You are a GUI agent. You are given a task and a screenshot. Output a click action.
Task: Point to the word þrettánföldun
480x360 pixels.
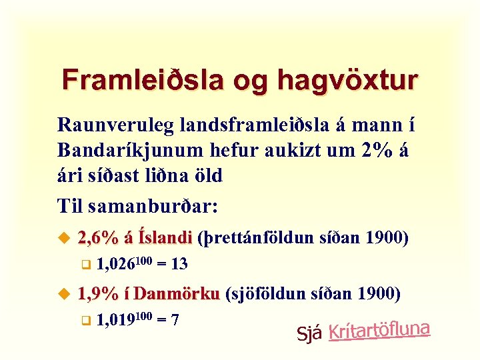coord(256,238)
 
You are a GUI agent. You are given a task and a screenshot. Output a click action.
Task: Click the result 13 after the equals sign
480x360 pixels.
coord(179,265)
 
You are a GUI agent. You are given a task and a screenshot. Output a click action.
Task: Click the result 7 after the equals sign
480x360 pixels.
coord(175,321)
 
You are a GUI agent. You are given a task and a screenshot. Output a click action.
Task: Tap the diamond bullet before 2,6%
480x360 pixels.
coord(65,237)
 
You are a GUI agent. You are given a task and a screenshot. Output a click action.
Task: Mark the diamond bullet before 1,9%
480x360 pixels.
coord(65,293)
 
